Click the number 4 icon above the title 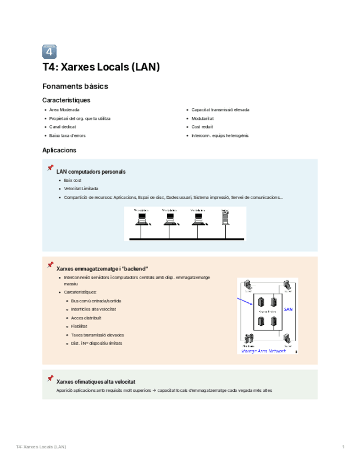[x=49, y=52]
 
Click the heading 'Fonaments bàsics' [x=75, y=86]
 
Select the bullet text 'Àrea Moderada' [x=64, y=110]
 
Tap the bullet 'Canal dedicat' [x=62, y=126]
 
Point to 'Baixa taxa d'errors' [x=67, y=135]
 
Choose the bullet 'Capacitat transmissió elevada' [x=220, y=110]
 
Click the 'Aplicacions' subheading [x=59, y=150]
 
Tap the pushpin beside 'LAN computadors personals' [x=51, y=168]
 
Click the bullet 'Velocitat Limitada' [x=81, y=188]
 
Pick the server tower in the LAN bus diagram [x=224, y=218]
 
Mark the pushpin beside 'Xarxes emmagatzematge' [x=51, y=265]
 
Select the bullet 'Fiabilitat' [x=80, y=326]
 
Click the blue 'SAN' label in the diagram [x=289, y=309]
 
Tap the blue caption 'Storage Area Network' [x=264, y=351]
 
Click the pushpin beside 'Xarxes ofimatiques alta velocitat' [x=51, y=378]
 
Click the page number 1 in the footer [x=343, y=447]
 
